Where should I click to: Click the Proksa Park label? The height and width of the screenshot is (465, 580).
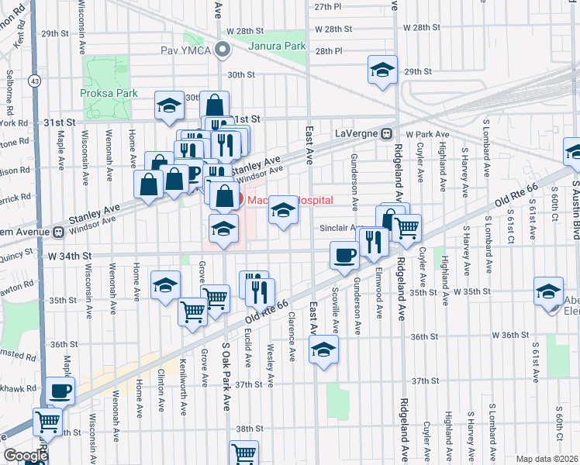[109, 93]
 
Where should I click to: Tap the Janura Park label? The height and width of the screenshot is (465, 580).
[277, 46]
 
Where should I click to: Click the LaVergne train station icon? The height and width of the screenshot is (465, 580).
[385, 133]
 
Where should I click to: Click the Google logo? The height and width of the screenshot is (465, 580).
[26, 456]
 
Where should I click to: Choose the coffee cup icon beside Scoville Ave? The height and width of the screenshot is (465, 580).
[344, 255]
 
